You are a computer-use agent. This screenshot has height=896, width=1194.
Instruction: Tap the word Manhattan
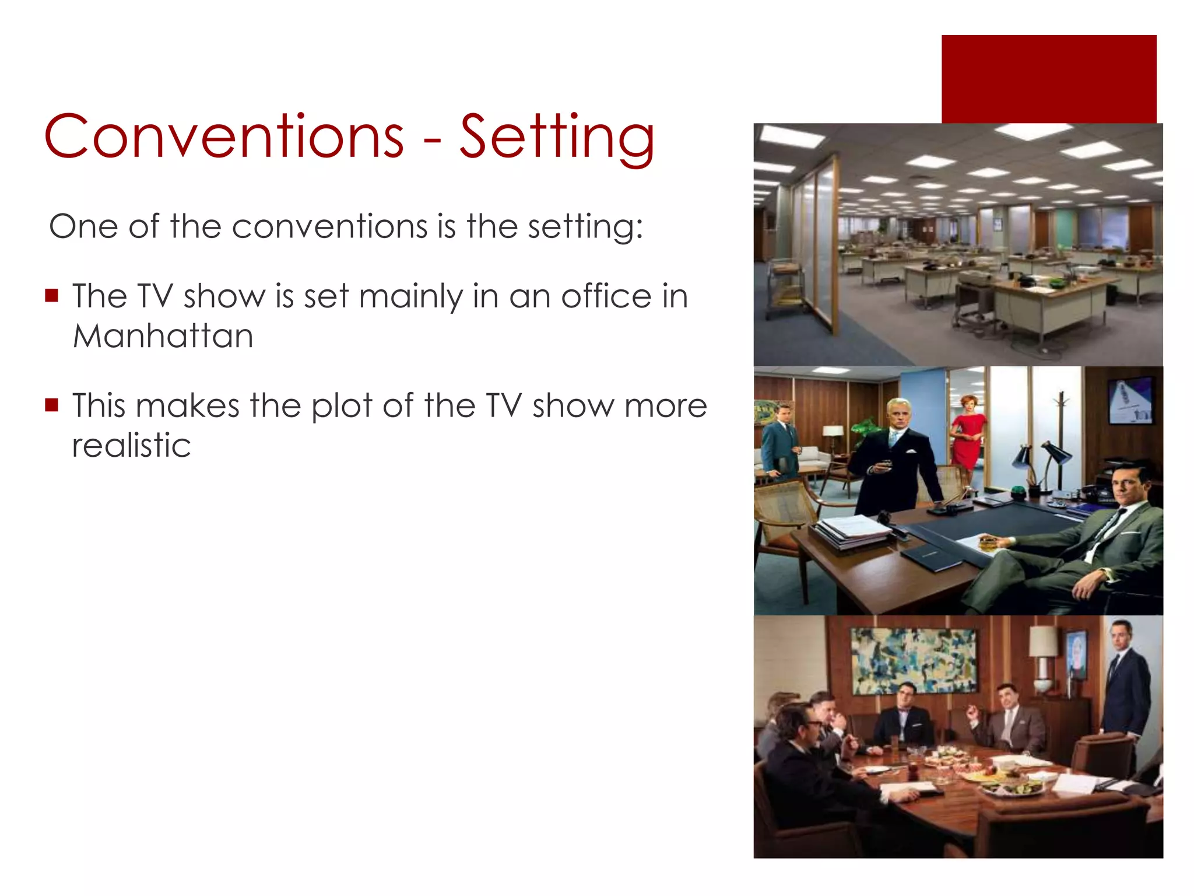163,336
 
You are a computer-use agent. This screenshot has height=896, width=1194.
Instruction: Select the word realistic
131,446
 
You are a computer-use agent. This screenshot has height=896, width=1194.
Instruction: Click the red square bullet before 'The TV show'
52,295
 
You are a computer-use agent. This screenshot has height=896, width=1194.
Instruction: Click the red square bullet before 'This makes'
52,405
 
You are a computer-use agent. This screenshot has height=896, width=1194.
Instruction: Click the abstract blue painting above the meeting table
914,661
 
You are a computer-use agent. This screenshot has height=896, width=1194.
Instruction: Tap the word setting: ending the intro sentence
585,227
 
